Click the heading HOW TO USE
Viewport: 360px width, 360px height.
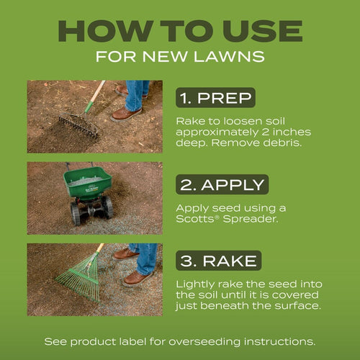coord(180,30)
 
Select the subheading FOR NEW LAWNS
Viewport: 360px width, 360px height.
coord(180,56)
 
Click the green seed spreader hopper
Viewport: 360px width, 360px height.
coord(86,181)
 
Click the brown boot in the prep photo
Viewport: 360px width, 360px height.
coord(127,114)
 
